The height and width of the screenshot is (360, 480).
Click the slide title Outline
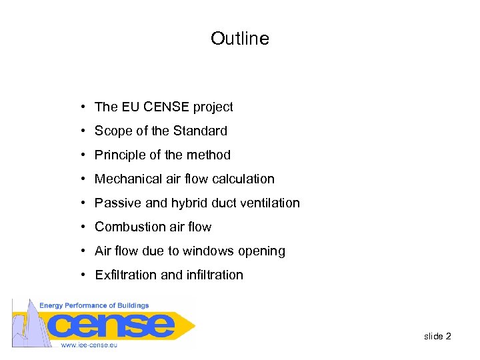tap(240, 39)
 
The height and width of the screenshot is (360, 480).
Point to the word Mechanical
tap(125, 179)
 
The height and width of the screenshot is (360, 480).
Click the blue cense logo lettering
tap(113, 325)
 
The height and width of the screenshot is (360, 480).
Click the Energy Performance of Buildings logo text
tap(94, 305)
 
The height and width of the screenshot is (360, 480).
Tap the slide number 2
tap(449, 336)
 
